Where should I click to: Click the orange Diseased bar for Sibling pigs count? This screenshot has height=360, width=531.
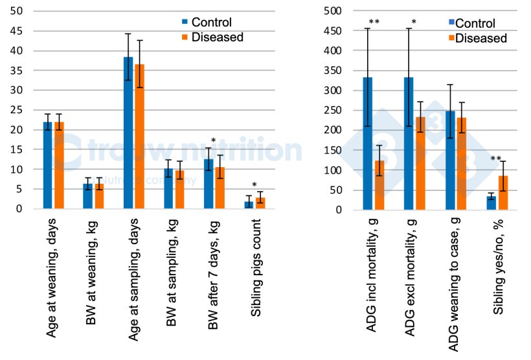tap(260, 203)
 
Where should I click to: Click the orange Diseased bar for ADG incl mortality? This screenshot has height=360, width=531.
tap(379, 185)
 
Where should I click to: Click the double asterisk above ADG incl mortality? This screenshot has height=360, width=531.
tap(374, 23)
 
